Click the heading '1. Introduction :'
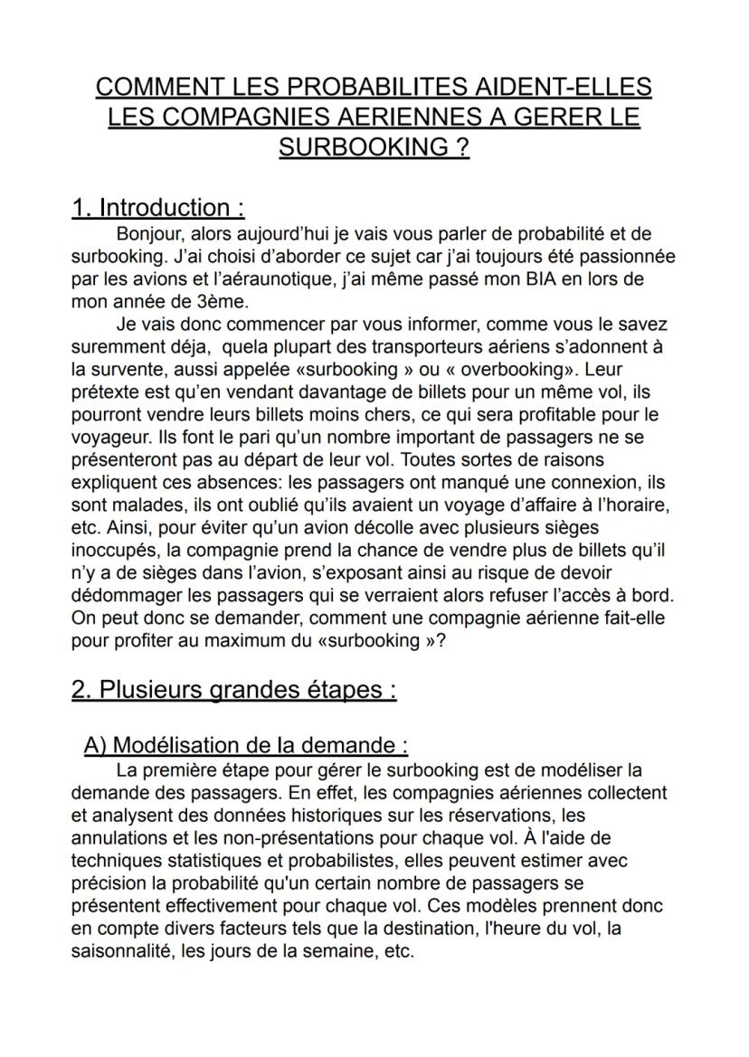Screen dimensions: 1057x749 [x=158, y=208]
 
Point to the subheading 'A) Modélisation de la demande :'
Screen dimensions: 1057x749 [x=245, y=746]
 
